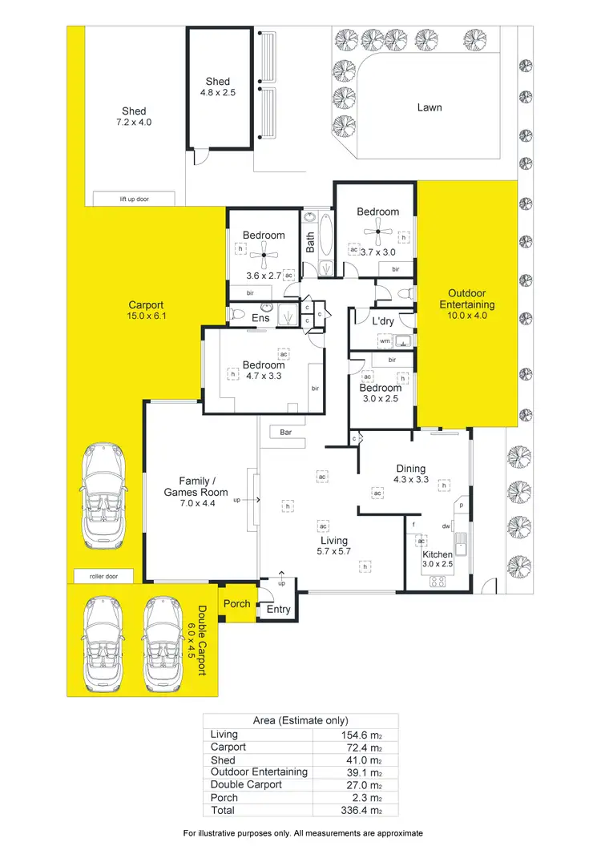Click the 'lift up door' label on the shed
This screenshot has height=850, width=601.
(124, 199)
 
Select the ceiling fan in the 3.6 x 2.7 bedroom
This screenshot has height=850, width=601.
(264, 257)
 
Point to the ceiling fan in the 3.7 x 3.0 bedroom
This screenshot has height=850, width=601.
(377, 234)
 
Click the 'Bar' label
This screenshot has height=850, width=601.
(284, 433)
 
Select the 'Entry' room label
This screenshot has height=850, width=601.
(278, 610)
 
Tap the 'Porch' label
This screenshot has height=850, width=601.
(236, 604)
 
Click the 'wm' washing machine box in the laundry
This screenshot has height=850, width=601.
(385, 341)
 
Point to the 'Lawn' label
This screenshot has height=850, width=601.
(430, 107)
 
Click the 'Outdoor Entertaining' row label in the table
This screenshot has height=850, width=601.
(258, 771)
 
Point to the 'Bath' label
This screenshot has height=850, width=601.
(311, 242)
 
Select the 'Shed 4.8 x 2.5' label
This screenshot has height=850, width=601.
(217, 87)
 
